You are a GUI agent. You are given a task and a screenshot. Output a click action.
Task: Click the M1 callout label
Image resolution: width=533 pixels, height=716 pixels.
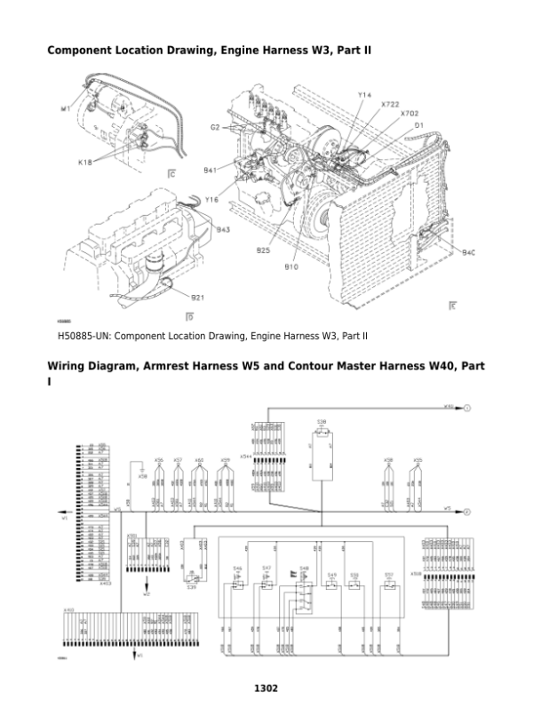pyautogui.click(x=65, y=109)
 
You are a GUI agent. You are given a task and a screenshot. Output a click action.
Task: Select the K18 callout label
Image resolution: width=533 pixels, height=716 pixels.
pyautogui.click(x=84, y=163)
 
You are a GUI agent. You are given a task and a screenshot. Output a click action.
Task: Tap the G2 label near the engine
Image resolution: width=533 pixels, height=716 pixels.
pyautogui.click(x=215, y=128)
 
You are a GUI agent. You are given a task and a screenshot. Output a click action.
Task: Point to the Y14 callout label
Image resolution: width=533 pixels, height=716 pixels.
pyautogui.click(x=364, y=94)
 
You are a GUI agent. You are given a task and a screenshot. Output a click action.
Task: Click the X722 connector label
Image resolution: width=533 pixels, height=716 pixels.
pyautogui.click(x=389, y=104)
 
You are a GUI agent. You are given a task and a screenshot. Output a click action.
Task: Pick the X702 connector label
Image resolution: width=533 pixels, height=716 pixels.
pyautogui.click(x=410, y=114)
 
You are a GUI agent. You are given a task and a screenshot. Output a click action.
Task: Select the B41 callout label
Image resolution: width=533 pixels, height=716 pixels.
pyautogui.click(x=211, y=169)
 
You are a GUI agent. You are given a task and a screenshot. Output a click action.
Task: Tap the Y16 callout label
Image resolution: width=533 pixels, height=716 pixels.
pyautogui.click(x=211, y=200)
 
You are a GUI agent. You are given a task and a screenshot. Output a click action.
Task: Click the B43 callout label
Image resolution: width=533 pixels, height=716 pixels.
pyautogui.click(x=224, y=229)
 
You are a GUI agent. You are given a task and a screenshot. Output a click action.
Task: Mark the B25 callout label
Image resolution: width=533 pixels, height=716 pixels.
pyautogui.click(x=264, y=251)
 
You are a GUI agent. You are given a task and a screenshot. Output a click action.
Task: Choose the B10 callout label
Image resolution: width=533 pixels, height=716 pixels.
pyautogui.click(x=290, y=266)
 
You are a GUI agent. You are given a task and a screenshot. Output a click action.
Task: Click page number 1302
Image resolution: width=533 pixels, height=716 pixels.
pyautogui.click(x=266, y=688)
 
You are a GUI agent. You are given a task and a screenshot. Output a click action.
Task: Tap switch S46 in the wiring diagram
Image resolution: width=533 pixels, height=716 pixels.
pyautogui.click(x=238, y=568)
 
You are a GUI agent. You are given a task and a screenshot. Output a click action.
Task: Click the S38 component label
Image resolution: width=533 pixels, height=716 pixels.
pyautogui.click(x=321, y=421)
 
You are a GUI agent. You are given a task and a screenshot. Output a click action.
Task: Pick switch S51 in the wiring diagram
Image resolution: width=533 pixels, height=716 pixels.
pyautogui.click(x=388, y=575)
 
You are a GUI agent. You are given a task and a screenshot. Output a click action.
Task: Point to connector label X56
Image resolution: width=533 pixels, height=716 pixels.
pyautogui.click(x=158, y=460)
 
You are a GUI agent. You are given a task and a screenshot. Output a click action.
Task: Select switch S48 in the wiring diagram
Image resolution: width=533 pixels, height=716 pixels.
pyautogui.click(x=304, y=568)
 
